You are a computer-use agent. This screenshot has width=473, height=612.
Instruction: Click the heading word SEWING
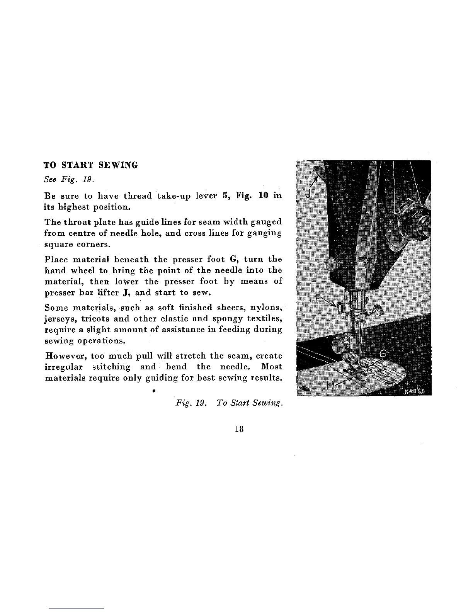point(118,165)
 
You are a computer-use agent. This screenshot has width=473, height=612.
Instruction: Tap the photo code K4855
point(415,390)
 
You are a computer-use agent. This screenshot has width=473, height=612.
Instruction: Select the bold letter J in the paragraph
point(126,292)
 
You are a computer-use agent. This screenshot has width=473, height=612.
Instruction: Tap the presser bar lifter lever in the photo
point(318,171)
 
